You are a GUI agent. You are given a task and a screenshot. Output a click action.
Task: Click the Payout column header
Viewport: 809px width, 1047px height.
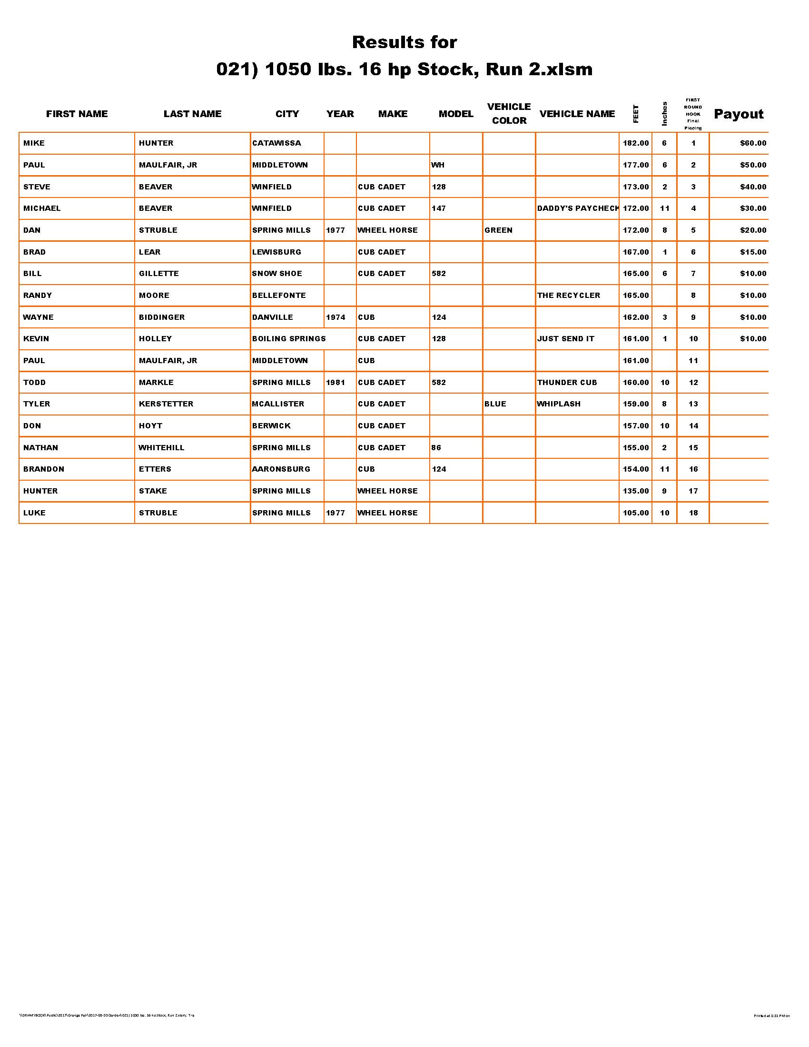click(738, 114)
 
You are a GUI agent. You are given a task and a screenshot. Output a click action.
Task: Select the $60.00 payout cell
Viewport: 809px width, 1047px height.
click(753, 143)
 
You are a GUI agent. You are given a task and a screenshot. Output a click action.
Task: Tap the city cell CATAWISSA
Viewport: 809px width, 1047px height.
click(276, 143)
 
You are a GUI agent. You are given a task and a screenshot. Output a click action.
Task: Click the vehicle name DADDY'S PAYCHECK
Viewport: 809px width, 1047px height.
click(578, 208)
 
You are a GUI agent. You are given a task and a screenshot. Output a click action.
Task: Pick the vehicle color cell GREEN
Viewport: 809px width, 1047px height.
click(498, 231)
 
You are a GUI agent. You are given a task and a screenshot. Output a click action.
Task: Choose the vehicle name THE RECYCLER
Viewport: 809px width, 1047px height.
click(568, 296)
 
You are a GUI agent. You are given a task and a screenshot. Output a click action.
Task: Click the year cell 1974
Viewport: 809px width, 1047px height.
click(335, 317)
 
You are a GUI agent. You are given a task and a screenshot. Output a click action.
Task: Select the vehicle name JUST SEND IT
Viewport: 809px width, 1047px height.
click(565, 339)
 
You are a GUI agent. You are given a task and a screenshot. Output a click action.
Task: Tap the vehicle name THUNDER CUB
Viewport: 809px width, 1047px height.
click(567, 383)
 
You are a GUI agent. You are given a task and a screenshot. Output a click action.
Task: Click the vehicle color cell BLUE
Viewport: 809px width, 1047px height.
click(495, 404)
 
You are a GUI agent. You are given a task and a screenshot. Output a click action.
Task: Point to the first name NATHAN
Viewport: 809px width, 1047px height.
click(41, 448)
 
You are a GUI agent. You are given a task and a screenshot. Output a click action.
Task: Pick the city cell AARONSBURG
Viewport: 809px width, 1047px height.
click(281, 469)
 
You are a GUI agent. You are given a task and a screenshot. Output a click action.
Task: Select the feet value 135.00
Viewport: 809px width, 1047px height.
click(635, 492)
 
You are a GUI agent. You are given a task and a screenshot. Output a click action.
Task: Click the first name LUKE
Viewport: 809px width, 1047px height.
click(35, 513)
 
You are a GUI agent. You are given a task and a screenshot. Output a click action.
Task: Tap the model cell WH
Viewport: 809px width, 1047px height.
click(437, 166)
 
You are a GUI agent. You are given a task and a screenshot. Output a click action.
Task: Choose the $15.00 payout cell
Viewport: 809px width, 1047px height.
click(753, 252)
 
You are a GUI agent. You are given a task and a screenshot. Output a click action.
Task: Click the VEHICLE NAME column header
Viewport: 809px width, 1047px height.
click(577, 114)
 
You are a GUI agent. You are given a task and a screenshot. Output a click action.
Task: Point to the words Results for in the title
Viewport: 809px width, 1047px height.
click(404, 42)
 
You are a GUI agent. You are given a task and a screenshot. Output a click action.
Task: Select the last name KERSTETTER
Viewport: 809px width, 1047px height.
click(166, 404)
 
